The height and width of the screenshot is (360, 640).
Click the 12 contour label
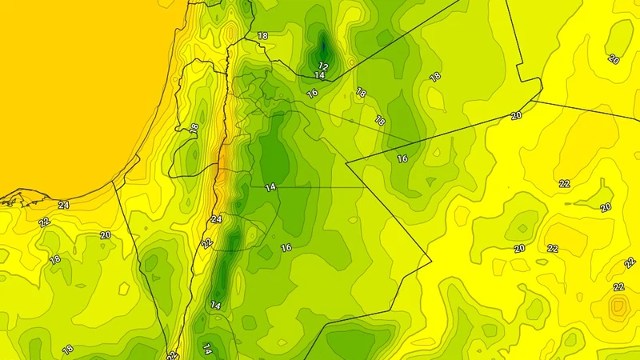coord(324,66)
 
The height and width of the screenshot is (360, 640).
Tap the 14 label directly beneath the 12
coord(319,75)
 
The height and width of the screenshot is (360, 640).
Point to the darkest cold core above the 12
coord(323,42)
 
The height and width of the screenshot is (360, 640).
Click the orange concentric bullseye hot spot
coord(618,307)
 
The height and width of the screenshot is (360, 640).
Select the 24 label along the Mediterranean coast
coord(63,205)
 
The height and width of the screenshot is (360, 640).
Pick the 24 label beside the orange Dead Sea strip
coord(216,219)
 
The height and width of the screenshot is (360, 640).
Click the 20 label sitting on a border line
coord(517,116)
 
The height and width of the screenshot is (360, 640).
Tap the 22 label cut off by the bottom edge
coord(172,354)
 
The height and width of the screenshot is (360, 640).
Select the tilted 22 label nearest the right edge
coord(630,262)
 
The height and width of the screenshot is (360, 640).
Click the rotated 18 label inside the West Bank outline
coord(194,128)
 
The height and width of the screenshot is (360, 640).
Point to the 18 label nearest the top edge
coord(262,36)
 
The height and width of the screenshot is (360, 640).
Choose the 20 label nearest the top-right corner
coord(614,59)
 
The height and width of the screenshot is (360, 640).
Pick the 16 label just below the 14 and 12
coord(313,93)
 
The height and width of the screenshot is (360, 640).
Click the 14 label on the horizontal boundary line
coord(270,186)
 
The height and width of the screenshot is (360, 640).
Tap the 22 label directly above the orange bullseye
coord(618,286)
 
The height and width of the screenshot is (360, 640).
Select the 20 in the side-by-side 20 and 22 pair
coord(519,248)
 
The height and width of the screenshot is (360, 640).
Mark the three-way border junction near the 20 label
coord(542,102)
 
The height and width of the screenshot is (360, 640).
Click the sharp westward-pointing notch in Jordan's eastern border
coord(346,163)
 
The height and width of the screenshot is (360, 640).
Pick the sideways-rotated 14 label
coord(206,348)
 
